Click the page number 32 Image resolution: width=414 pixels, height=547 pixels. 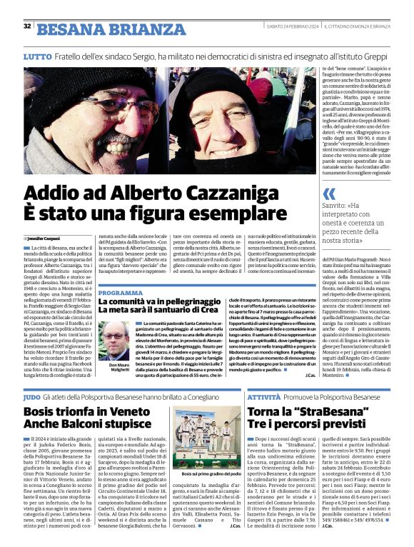[27, 26]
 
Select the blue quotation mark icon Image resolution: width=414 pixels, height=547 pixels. [328, 194]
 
